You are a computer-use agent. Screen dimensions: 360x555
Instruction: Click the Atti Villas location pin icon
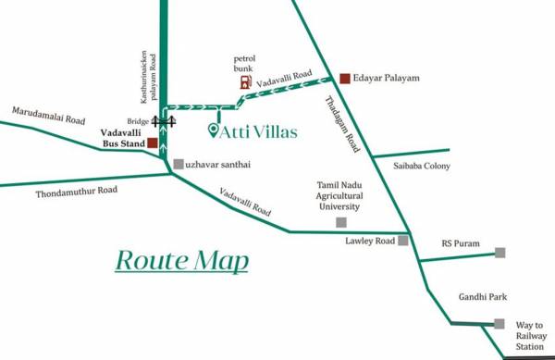pyautogui.click(x=215, y=130)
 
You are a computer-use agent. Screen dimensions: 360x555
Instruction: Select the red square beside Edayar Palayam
pyautogui.click(x=344, y=79)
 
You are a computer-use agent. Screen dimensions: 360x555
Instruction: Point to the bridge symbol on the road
pyautogui.click(x=165, y=120)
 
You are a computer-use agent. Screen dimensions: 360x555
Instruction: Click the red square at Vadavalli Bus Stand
pyautogui.click(x=152, y=143)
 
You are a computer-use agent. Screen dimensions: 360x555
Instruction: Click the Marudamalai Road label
pyautogui.click(x=48, y=116)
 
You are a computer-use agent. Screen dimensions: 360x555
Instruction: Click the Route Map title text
pyautogui.click(x=182, y=260)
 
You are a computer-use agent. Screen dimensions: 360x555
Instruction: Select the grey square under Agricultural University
pyautogui.click(x=341, y=222)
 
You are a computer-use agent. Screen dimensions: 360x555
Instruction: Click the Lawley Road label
pyautogui.click(x=369, y=240)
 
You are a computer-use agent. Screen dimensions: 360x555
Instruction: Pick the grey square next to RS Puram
pyautogui.click(x=500, y=253)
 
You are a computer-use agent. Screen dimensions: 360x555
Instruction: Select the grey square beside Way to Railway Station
pyautogui.click(x=499, y=324)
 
